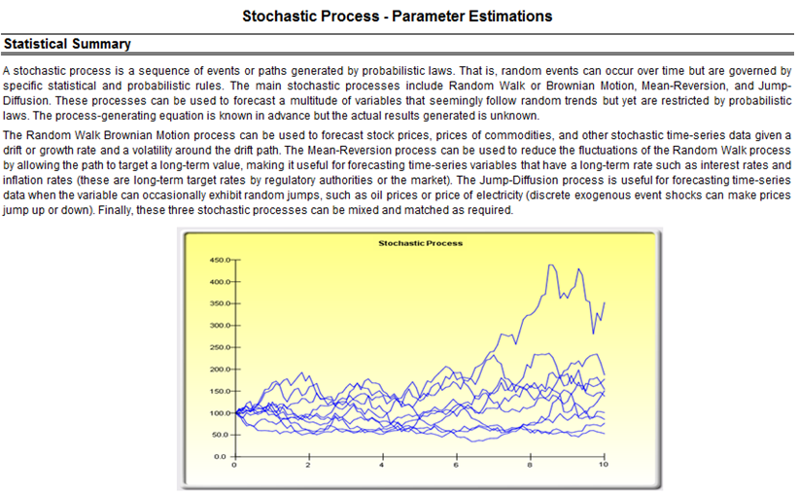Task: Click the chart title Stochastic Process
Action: click(420, 243)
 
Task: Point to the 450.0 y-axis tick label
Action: click(220, 260)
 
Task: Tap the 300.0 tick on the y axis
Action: click(220, 325)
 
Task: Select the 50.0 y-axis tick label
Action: click(222, 435)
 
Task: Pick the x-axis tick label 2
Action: click(308, 465)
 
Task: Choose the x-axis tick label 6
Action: click(456, 465)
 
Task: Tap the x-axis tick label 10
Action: click(604, 465)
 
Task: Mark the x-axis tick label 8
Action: click(530, 465)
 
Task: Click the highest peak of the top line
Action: click(550, 265)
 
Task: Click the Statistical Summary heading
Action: click(67, 44)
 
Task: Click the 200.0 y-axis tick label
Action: click(220, 370)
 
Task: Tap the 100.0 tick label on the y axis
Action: click(220, 413)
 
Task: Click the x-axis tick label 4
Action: click(382, 465)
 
